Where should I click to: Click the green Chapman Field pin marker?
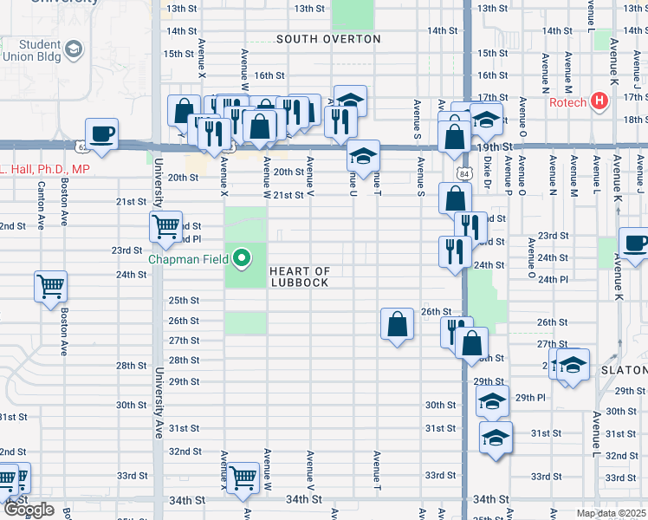pyautogui.click(x=243, y=257)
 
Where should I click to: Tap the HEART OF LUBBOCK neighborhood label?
pyautogui.click(x=300, y=277)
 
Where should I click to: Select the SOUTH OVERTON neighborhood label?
pyautogui.click(x=328, y=39)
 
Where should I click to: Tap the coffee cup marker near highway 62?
pyautogui.click(x=102, y=134)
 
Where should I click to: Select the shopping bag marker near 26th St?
pyautogui.click(x=396, y=324)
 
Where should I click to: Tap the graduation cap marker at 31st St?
pyautogui.click(x=496, y=437)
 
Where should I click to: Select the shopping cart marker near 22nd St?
pyautogui.click(x=165, y=227)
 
